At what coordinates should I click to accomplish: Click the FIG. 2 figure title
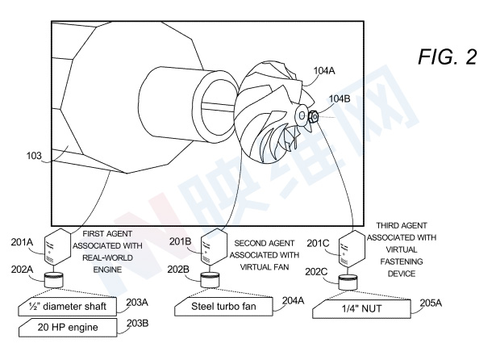tap(448, 57)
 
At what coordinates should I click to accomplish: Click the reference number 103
tap(34, 156)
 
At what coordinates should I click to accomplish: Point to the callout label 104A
tap(324, 71)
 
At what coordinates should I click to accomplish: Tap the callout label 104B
tap(340, 98)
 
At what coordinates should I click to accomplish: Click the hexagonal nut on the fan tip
tap(314, 116)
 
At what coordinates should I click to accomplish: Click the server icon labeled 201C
tap(352, 249)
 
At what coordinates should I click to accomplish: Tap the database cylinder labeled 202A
tap(53, 280)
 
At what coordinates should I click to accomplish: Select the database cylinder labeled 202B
tap(210, 280)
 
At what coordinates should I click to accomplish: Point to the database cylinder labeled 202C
tap(348, 283)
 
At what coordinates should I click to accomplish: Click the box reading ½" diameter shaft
tap(68, 307)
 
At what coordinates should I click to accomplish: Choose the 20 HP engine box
tap(68, 328)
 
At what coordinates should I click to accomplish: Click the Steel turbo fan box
tap(223, 306)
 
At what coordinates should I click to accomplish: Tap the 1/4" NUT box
tap(361, 308)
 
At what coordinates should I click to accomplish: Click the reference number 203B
tap(138, 323)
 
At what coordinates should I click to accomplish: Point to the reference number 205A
tap(431, 303)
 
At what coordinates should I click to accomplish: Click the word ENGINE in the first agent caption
tap(107, 270)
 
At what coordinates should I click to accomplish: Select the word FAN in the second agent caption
tap(281, 267)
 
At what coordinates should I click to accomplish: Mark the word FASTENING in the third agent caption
tap(402, 262)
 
